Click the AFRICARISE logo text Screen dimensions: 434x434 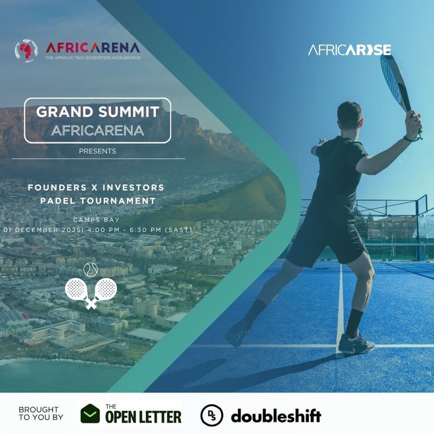(349, 50)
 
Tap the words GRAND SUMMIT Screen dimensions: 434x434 (98, 112)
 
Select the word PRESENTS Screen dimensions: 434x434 (98, 151)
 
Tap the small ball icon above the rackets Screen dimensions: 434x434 (90, 269)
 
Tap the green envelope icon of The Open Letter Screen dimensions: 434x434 (91, 414)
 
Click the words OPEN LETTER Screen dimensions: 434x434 (144, 417)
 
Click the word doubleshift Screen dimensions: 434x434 (276, 416)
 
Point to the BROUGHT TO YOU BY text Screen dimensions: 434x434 (41, 413)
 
